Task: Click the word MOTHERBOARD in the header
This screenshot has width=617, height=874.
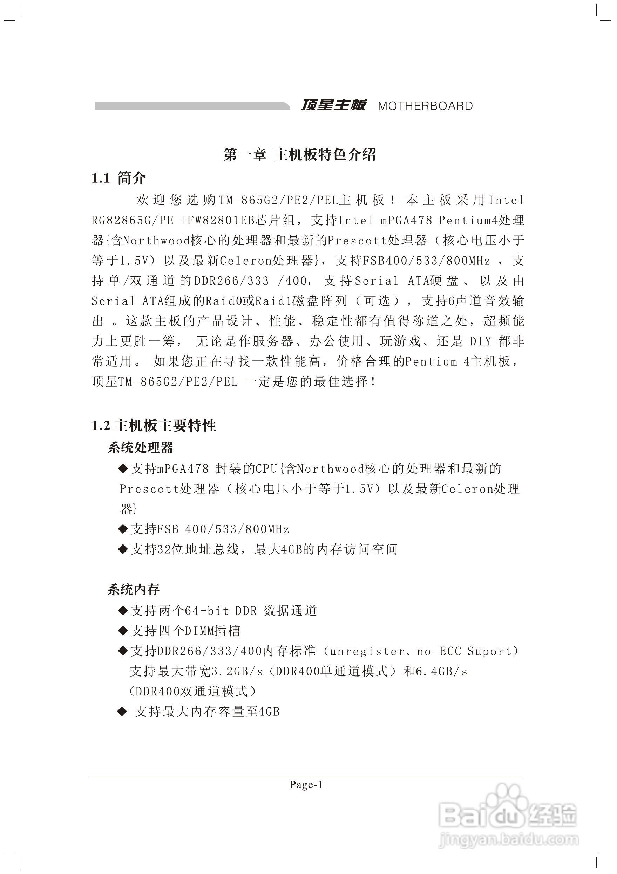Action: point(425,106)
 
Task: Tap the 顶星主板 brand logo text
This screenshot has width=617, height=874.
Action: point(333,105)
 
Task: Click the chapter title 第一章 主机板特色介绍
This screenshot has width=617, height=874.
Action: point(300,154)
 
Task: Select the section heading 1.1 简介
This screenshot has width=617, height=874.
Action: point(118,178)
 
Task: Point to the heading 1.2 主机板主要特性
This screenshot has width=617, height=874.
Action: point(154,425)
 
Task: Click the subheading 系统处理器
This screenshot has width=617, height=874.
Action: point(140,448)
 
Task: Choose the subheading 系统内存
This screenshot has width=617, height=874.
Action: point(133,590)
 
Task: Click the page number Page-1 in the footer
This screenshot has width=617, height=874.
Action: point(306,785)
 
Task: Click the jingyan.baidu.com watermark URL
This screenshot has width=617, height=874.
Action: point(508,839)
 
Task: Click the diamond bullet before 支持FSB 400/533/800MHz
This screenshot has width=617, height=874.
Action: point(123,529)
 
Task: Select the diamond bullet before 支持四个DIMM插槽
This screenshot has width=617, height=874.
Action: point(123,631)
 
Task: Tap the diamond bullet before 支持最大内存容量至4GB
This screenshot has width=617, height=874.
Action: point(123,712)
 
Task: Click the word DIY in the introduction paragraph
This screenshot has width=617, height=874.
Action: point(480,341)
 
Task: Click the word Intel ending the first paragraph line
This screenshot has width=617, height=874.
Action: point(506,200)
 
